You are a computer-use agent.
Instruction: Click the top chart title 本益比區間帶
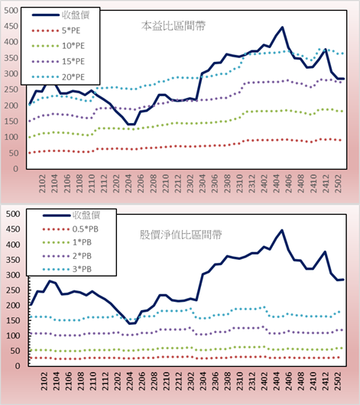[174, 26]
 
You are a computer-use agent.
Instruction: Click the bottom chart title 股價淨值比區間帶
[180, 235]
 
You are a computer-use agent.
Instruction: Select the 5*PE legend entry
[56, 31]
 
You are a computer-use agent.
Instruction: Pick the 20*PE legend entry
[58, 77]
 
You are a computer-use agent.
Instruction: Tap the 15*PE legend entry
[58, 61]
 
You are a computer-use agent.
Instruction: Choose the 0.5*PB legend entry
[70, 229]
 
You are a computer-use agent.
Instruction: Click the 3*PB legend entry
[67, 269]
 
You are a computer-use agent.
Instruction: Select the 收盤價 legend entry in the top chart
[60, 15]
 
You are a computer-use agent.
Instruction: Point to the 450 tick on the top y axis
[11, 26]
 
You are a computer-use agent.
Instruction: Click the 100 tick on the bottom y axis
[13, 335]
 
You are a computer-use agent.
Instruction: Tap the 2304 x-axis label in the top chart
[202, 183]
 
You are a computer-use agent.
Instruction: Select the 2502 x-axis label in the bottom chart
[338, 381]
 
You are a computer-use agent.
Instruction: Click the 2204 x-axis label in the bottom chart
[128, 381]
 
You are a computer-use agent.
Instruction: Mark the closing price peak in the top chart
[282, 27]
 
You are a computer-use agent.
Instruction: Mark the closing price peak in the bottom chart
[282, 230]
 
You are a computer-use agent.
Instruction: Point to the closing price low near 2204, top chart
[131, 125]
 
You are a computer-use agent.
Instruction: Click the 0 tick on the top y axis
[15, 169]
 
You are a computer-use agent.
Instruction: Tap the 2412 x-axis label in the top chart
[326, 183]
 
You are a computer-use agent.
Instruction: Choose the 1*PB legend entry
[67, 242]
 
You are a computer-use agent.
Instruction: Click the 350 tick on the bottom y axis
[13, 260]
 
